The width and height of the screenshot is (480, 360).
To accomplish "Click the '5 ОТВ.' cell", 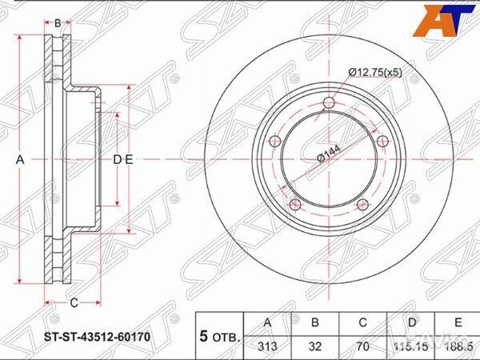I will click(x=218, y=336).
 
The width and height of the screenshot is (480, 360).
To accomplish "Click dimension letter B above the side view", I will click(x=58, y=22).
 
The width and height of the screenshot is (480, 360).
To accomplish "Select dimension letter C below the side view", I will click(x=73, y=302).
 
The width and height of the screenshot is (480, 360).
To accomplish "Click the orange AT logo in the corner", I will click(x=442, y=19).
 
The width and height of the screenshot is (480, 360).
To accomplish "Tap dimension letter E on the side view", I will click(x=128, y=160).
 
